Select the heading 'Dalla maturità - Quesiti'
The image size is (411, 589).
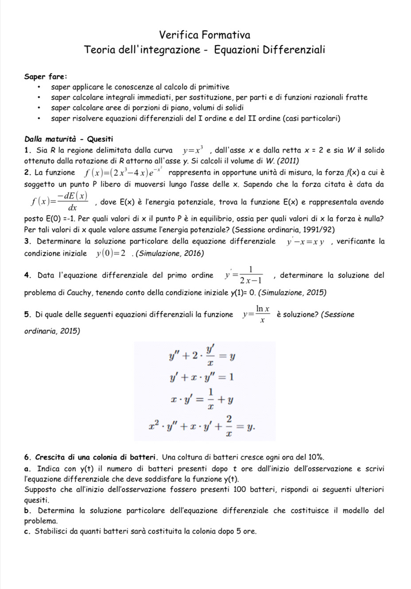(x=69, y=139)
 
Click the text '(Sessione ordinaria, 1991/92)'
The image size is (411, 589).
(x=283, y=230)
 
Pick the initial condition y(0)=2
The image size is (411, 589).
(x=109, y=254)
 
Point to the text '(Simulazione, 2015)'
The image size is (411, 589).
(x=292, y=292)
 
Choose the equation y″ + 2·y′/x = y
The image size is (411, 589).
(x=202, y=355)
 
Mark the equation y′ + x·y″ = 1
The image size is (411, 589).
(x=202, y=377)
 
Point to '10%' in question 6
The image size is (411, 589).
(x=316, y=457)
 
